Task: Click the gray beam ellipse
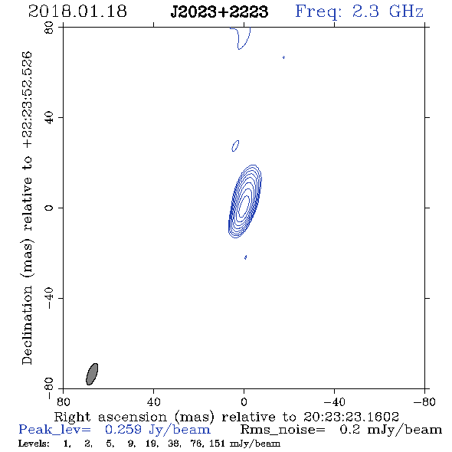click(x=92, y=374)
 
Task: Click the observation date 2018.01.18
click(x=77, y=11)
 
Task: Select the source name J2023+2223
click(x=219, y=11)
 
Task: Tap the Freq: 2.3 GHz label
click(x=359, y=11)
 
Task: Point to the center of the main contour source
click(x=244, y=201)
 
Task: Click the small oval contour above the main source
click(x=235, y=146)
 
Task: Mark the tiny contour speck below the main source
click(x=245, y=257)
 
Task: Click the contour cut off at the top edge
click(x=241, y=38)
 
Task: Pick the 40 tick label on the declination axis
click(x=49, y=118)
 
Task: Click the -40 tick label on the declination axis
click(x=49, y=298)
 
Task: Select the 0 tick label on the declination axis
click(x=49, y=208)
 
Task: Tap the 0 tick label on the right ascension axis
click(x=244, y=402)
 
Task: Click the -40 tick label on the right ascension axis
click(x=334, y=402)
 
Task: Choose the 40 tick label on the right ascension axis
click(x=154, y=402)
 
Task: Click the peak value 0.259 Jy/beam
click(x=158, y=430)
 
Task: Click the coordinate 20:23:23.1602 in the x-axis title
click(x=351, y=417)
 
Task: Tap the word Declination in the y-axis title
click(x=27, y=325)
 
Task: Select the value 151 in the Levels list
click(x=217, y=444)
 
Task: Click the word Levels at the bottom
click(x=34, y=444)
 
